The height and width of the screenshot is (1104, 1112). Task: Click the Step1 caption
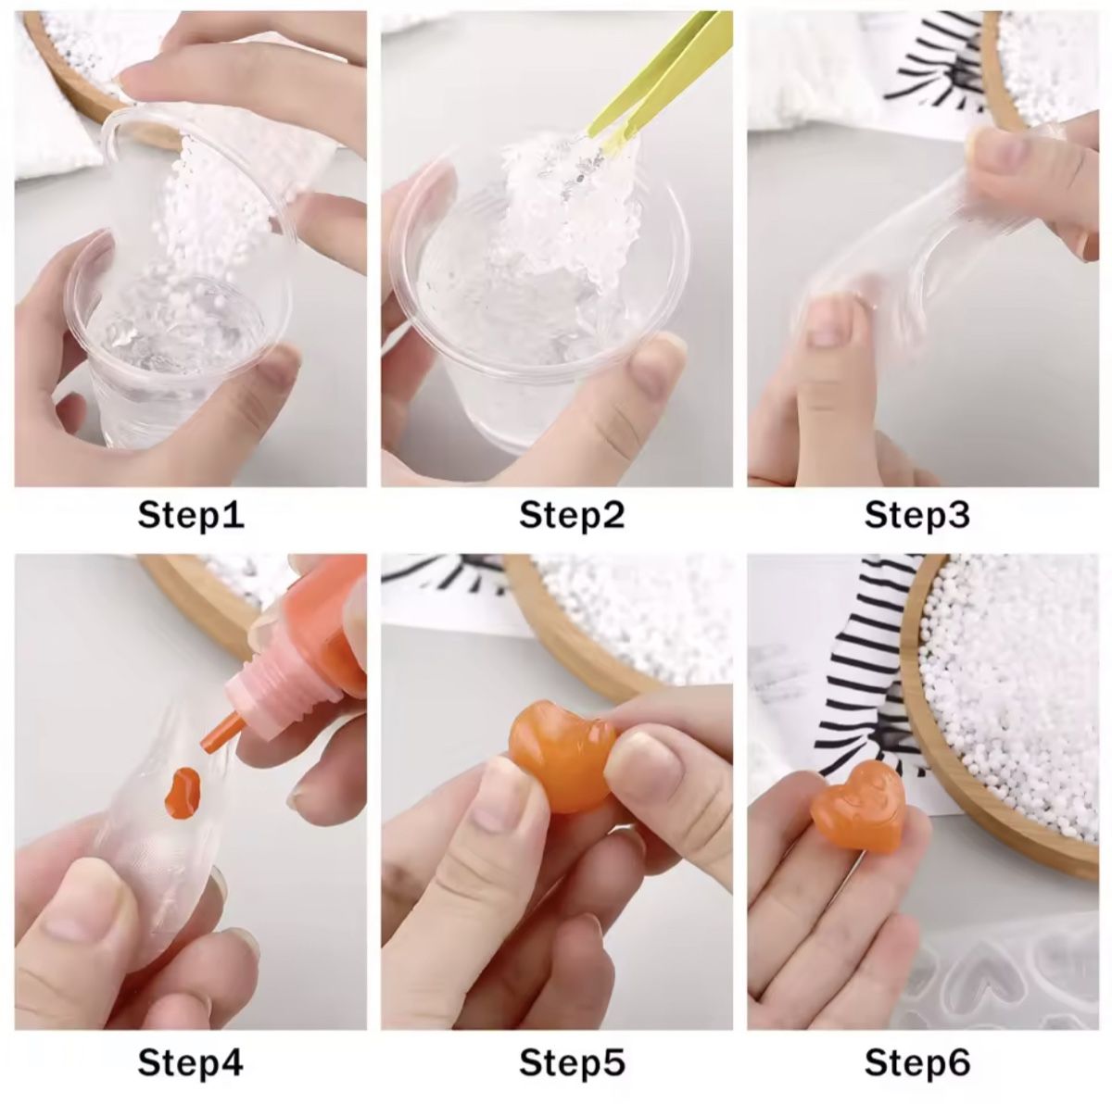[x=191, y=515]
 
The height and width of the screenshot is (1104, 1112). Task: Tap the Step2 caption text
[x=572, y=515]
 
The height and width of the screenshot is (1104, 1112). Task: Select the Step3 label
[x=917, y=515]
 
